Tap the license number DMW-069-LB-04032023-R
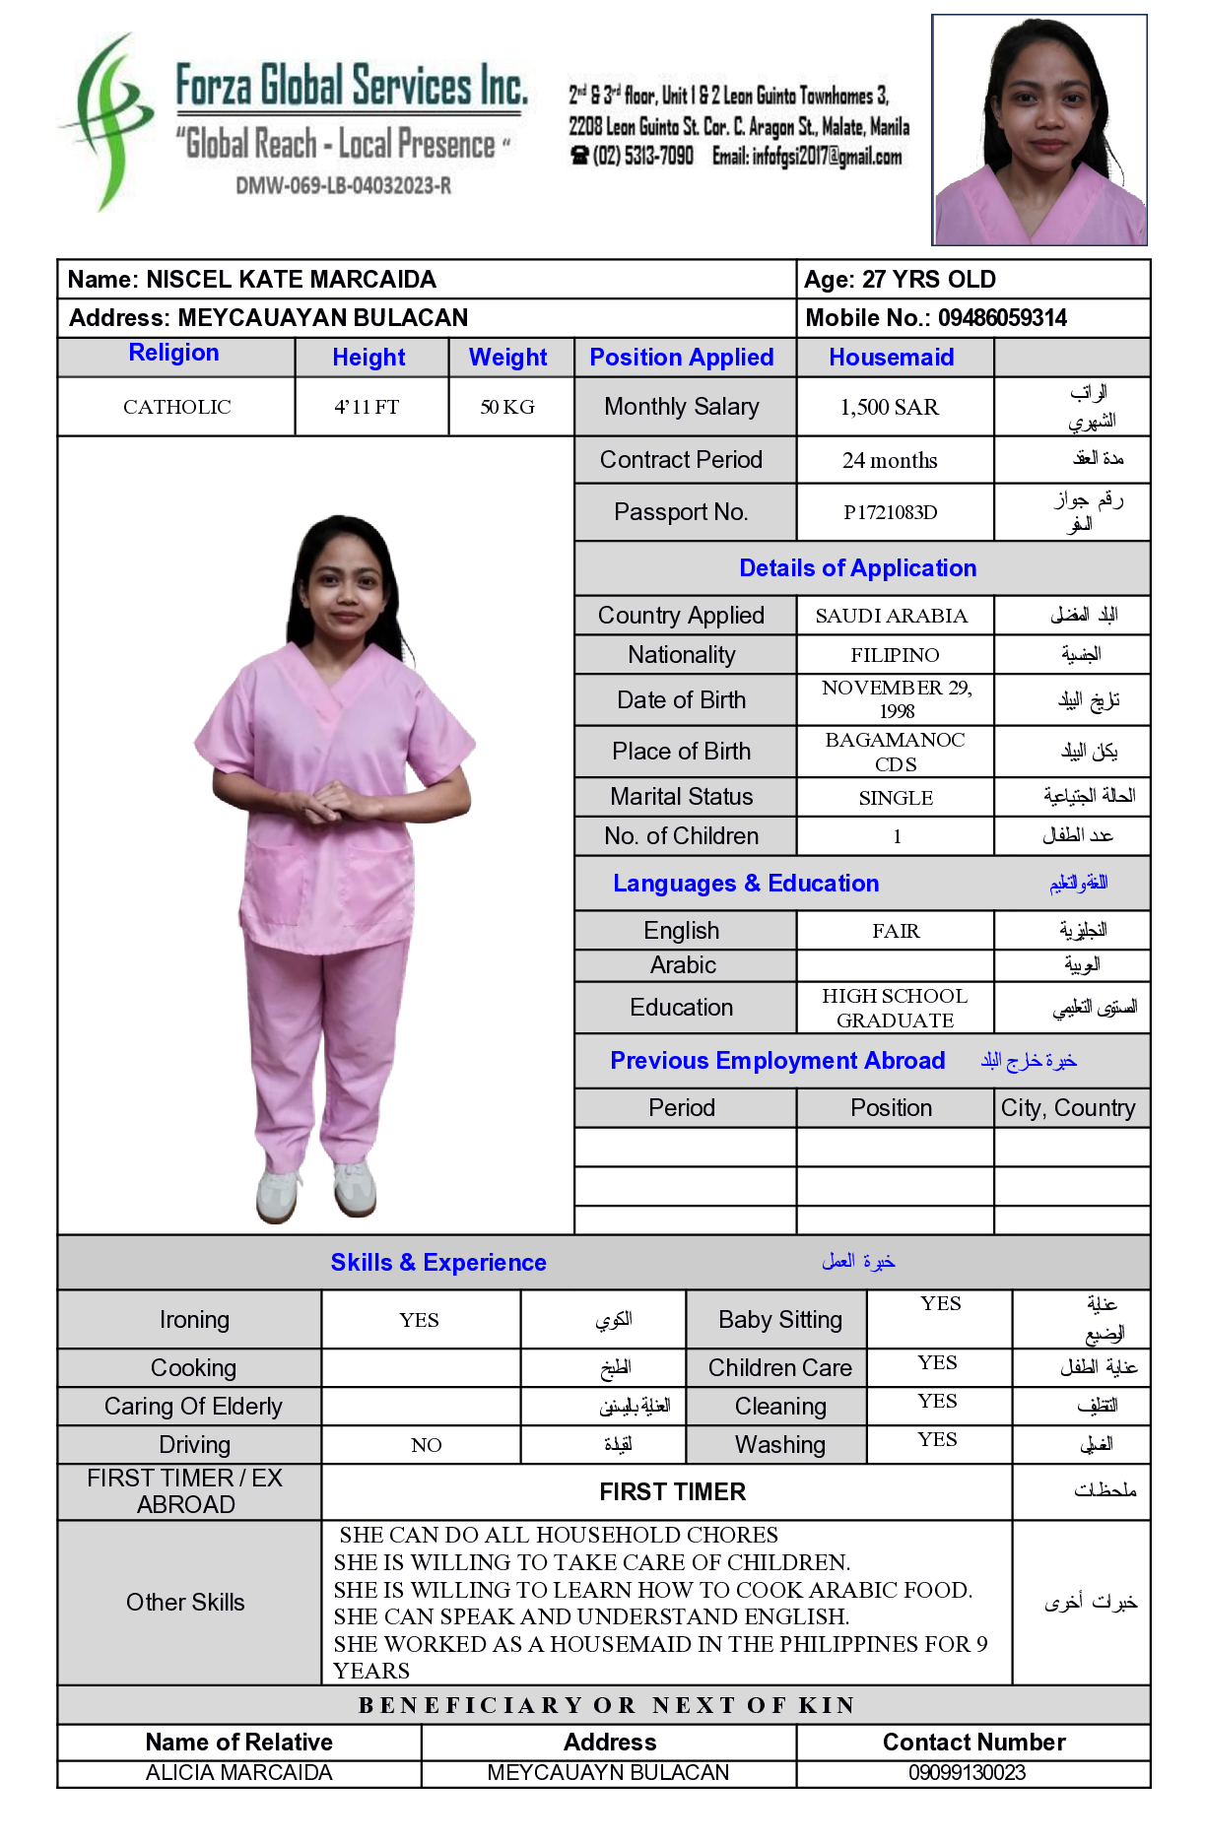(343, 185)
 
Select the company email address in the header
(806, 157)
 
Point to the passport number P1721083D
(890, 512)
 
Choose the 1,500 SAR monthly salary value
(889, 407)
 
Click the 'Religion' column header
(173, 353)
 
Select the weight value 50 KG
(507, 407)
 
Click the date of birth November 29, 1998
(896, 699)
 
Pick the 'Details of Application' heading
(857, 568)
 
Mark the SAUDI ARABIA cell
(891, 616)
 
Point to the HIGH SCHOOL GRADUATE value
(895, 1008)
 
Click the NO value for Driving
(426, 1445)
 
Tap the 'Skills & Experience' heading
(438, 1263)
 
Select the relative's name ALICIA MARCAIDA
(238, 1773)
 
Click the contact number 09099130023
(967, 1773)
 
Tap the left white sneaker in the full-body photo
(278, 1194)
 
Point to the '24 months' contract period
(889, 460)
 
